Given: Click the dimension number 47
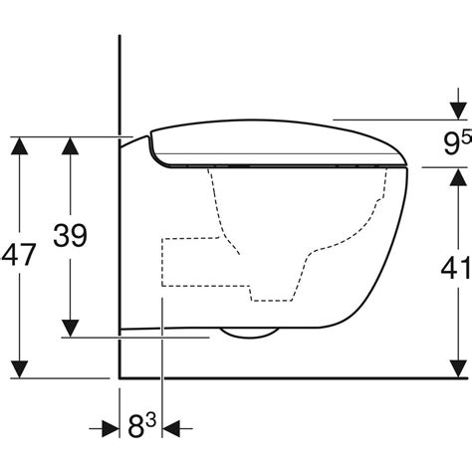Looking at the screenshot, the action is pos(19,255).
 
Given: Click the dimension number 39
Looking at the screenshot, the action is pos(70,235).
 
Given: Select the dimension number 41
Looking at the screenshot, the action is pos(455,267).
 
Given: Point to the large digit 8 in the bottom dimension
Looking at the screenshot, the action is pos(136,427).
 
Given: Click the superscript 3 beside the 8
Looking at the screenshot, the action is pos(150,421).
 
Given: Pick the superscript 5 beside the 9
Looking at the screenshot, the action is pos(467,137).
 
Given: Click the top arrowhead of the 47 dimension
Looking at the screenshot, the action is pos(19,145).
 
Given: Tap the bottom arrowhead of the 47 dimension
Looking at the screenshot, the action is pos(19,369).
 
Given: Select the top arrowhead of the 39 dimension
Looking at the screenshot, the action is pos(70,145).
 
